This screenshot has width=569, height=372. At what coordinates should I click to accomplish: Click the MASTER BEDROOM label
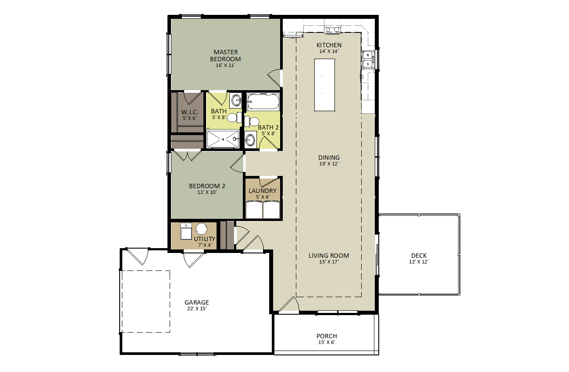coord(225,56)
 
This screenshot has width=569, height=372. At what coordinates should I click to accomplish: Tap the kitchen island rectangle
coord(325,85)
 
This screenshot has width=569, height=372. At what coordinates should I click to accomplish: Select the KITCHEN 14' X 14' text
coord(329,48)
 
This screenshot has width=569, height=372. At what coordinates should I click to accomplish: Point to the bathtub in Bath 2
coord(263,102)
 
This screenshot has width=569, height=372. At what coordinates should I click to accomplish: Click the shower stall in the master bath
coord(223,139)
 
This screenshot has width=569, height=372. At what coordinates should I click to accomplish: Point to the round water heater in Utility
coord(201,229)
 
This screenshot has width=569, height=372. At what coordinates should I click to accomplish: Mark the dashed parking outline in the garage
coord(146,302)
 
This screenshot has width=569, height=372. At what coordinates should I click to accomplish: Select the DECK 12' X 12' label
coord(419,258)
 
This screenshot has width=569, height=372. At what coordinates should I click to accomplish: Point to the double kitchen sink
coord(368,60)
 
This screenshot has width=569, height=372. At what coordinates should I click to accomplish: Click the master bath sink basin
coord(236,100)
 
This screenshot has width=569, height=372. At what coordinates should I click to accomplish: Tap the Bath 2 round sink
coord(250,140)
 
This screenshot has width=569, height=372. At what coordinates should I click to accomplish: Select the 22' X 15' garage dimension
coord(197,309)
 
